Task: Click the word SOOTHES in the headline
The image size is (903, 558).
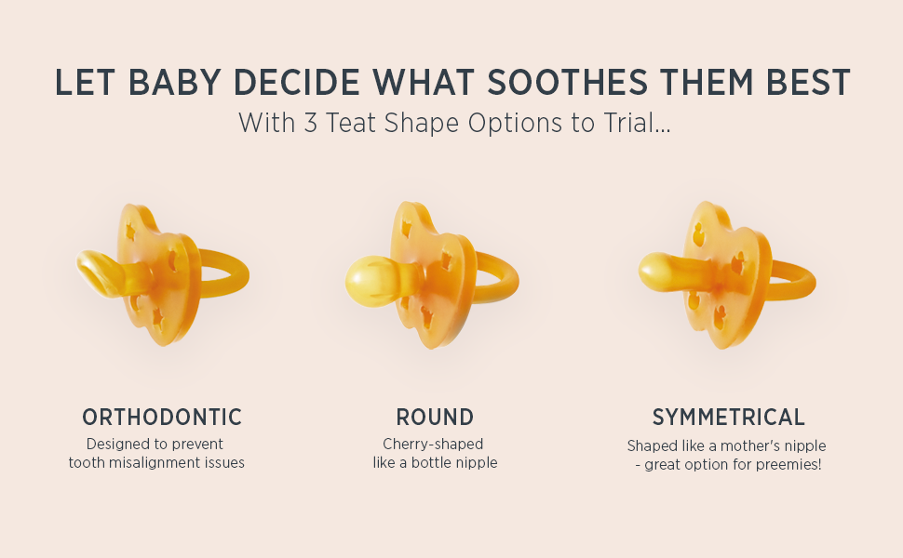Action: tap(567, 82)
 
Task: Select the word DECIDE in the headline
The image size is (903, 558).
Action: tap(297, 82)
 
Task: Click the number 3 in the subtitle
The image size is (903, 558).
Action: tap(310, 123)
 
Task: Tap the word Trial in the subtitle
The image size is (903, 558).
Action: tap(637, 123)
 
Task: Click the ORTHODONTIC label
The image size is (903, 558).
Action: tap(162, 417)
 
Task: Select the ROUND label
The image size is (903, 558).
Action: tap(435, 417)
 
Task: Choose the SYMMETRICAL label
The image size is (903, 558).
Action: tap(729, 417)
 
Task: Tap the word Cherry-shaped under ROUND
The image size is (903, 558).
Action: tap(433, 445)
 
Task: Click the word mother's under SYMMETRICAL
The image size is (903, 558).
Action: tap(748, 445)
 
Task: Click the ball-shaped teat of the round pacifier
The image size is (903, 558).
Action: tap(368, 281)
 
